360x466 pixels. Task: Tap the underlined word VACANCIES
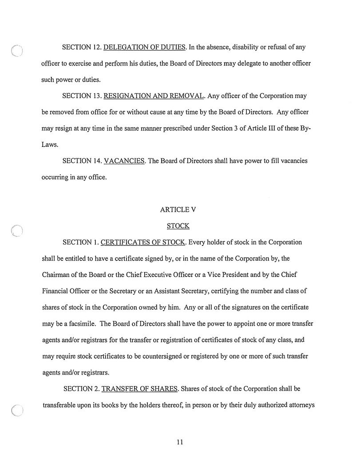click(124, 161)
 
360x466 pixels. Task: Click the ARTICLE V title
click(178, 210)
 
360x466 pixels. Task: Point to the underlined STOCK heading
click(178, 226)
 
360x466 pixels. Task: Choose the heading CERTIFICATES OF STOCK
click(139, 243)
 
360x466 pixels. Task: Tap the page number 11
click(179, 442)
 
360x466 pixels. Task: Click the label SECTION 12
click(82, 47)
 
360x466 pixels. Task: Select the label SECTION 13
click(82, 96)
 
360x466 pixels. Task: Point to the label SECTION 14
click(82, 161)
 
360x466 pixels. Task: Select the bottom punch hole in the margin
click(17, 413)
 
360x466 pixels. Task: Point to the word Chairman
click(57, 275)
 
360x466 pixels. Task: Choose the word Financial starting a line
click(56, 292)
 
